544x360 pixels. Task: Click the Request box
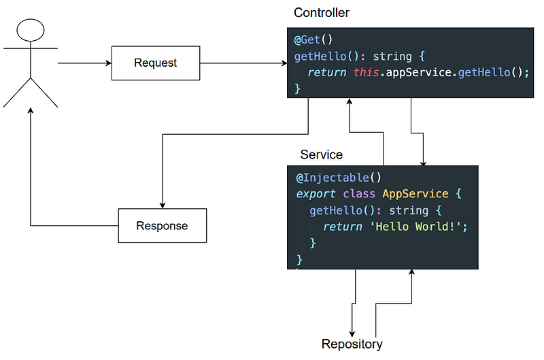click(x=156, y=63)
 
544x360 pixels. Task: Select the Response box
click(x=162, y=226)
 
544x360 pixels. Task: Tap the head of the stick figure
click(x=31, y=31)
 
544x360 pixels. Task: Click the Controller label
click(x=322, y=13)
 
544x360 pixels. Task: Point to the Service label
click(x=321, y=155)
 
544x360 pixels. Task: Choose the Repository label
click(x=352, y=344)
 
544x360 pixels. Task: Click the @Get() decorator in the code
click(x=313, y=39)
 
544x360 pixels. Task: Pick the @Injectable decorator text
click(x=333, y=178)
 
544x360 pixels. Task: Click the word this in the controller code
click(x=367, y=72)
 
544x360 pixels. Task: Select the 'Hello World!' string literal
click(x=419, y=227)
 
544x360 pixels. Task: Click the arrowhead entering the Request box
click(x=108, y=63)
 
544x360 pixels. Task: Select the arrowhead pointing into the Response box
click(x=162, y=205)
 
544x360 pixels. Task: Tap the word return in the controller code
click(x=327, y=72)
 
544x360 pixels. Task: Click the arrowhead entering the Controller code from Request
click(x=284, y=63)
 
